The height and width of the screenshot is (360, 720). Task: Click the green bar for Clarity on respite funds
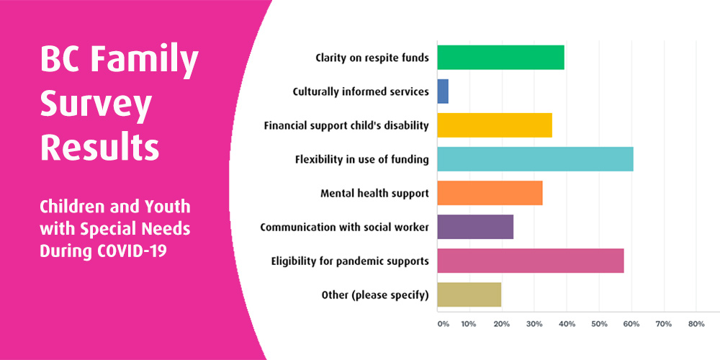point(500,57)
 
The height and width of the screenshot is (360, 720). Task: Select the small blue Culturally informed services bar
point(443,91)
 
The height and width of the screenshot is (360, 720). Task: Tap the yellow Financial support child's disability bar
point(495,125)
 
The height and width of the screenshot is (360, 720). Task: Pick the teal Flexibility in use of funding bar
point(535,159)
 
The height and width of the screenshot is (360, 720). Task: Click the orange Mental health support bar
point(490,193)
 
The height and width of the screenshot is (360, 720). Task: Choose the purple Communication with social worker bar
point(475,227)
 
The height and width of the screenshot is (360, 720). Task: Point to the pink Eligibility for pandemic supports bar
point(531,261)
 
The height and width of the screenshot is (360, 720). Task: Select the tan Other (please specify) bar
point(469,294)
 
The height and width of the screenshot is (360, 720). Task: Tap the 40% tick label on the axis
point(566,324)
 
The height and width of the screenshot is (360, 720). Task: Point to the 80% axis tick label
point(696,324)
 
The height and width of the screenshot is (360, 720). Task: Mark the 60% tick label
point(631,324)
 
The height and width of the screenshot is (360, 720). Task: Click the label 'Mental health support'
point(374,193)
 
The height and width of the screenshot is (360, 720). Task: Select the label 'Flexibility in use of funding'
point(361,159)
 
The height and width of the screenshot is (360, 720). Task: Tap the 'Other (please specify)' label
point(375,294)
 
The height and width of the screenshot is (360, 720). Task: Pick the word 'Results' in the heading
point(99,148)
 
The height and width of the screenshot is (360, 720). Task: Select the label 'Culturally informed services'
point(361,91)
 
